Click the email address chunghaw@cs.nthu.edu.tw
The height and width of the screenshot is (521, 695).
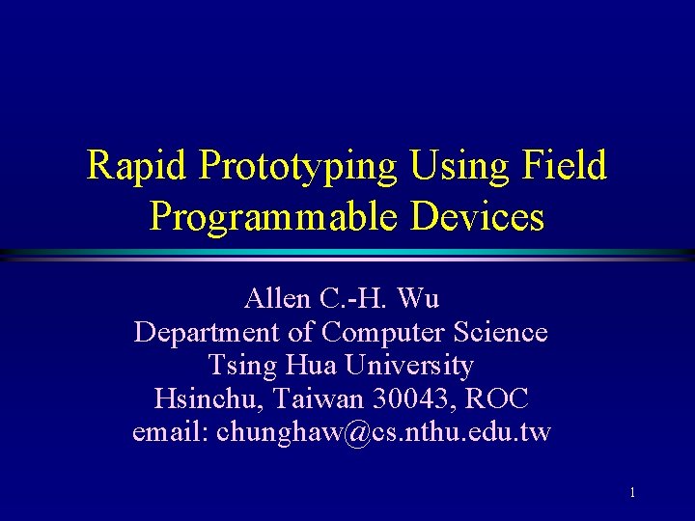(x=383, y=432)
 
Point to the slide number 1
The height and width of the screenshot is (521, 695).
(x=632, y=493)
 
